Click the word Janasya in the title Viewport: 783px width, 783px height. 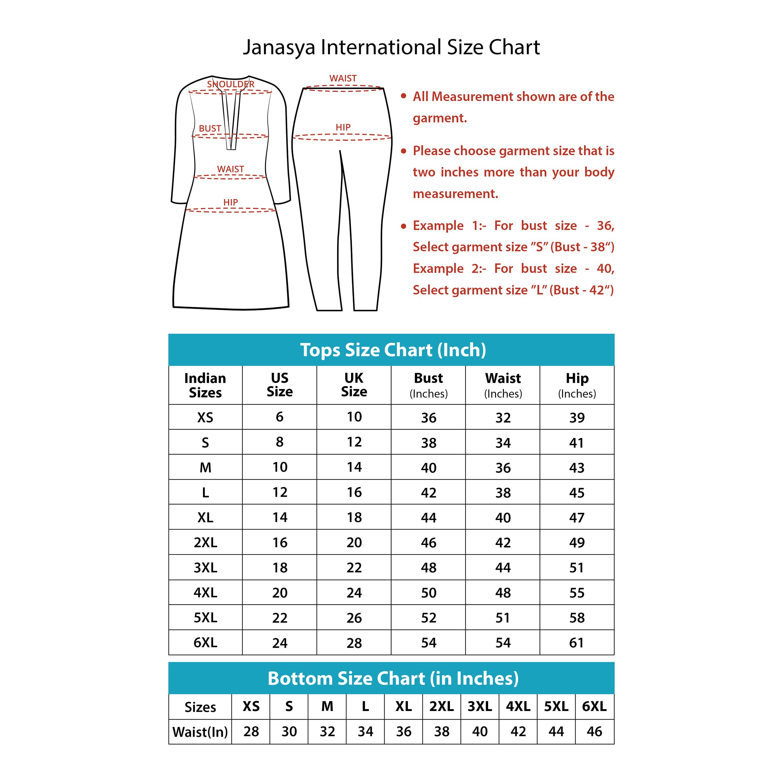coord(279,48)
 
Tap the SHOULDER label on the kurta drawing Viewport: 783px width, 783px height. coord(230,84)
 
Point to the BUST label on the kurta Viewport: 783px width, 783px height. coord(210,129)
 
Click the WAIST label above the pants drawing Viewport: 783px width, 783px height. coord(343,78)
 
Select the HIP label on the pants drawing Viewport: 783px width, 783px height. coord(343,127)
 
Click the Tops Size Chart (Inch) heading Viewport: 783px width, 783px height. coord(393,350)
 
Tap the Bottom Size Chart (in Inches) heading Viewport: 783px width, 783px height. coord(393,678)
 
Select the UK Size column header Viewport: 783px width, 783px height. coord(354,385)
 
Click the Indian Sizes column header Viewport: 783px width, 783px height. coord(205,385)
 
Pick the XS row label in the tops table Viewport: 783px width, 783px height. coord(205,417)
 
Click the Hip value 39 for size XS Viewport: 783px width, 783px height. coord(577,417)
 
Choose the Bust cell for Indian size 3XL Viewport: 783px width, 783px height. coord(428,567)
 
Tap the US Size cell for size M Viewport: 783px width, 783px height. coord(280,467)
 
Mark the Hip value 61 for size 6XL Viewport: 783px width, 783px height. coord(577,643)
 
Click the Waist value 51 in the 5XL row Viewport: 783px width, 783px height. coord(503,618)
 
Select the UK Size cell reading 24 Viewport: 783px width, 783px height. coord(354,593)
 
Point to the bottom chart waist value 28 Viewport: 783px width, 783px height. coord(251,732)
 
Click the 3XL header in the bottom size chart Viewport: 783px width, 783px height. coord(480,706)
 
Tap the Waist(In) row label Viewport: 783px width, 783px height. coord(200,732)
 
